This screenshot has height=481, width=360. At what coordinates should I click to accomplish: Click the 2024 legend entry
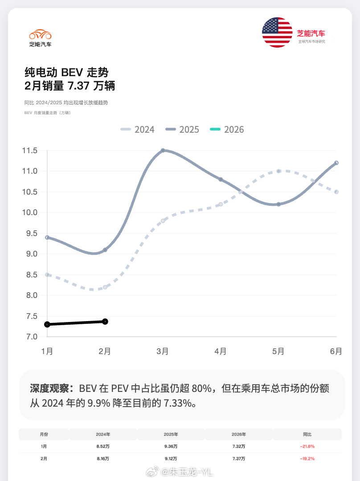[138, 130]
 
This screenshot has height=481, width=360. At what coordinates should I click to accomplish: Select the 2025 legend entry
[182, 130]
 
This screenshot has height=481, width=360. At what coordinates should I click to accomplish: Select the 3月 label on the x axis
[163, 351]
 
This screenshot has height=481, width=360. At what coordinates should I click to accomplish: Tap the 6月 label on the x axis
[336, 351]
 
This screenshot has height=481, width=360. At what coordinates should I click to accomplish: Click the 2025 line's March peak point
[163, 151]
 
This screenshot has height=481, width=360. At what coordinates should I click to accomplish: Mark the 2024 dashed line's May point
[278, 171]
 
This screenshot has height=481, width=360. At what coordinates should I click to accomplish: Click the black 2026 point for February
[105, 321]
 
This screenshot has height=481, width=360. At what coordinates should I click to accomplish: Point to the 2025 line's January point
[47, 237]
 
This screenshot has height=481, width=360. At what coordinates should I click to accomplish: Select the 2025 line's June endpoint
[336, 163]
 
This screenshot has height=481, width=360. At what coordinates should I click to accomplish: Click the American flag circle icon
[277, 33]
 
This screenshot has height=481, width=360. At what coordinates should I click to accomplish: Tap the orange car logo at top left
[40, 34]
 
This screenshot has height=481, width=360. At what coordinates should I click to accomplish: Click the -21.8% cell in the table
[307, 446]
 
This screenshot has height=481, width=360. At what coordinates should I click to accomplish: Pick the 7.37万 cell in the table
[239, 458]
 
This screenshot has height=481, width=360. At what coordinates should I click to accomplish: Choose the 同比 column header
[307, 434]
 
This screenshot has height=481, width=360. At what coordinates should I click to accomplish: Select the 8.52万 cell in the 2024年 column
[103, 446]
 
